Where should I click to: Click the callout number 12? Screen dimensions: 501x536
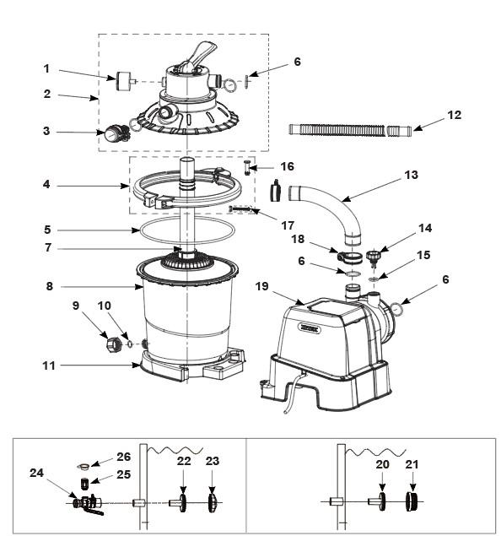pyautogui.click(x=455, y=115)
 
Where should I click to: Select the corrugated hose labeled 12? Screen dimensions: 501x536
pyautogui.click(x=350, y=131)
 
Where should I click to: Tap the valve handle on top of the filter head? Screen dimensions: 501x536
pyautogui.click(x=202, y=55)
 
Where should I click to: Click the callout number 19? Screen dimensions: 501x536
pyautogui.click(x=262, y=286)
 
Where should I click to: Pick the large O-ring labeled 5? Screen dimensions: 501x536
pyautogui.click(x=187, y=230)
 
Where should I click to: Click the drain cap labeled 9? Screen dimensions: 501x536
pyautogui.click(x=114, y=344)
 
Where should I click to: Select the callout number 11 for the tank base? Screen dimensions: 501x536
pyautogui.click(x=48, y=365)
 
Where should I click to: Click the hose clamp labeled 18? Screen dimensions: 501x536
pyautogui.click(x=349, y=257)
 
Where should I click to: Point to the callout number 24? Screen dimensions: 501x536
pyautogui.click(x=36, y=473)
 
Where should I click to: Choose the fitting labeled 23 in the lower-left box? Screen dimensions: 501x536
pyautogui.click(x=212, y=502)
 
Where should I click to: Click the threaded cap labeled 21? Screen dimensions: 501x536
pyautogui.click(x=412, y=502)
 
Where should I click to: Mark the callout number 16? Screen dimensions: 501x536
pyautogui.click(x=288, y=166)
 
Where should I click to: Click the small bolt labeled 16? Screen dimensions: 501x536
pyautogui.click(x=247, y=167)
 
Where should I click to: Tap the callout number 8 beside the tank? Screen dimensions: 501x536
pyautogui.click(x=50, y=286)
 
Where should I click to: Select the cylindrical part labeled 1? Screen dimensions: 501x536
pyautogui.click(x=124, y=81)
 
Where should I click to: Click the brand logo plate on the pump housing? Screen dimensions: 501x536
pyautogui.click(x=310, y=328)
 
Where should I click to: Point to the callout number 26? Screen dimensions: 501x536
pyautogui.click(x=123, y=457)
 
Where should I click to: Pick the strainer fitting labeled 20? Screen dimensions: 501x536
pyautogui.click(x=378, y=502)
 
